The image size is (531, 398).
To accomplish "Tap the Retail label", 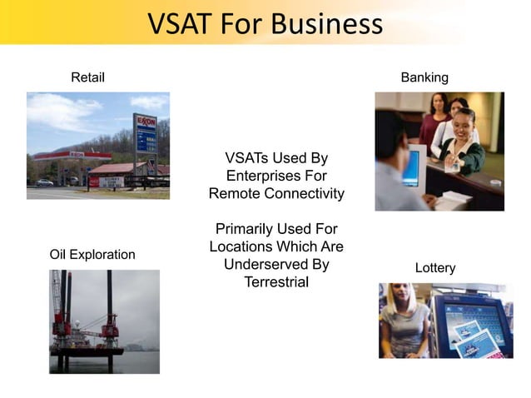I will click(x=87, y=77).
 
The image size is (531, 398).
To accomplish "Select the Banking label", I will click(x=424, y=77).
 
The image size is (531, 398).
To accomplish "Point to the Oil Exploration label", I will click(x=92, y=254).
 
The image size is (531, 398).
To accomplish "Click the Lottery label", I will click(x=435, y=267).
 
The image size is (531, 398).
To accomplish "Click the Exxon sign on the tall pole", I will click(x=146, y=122).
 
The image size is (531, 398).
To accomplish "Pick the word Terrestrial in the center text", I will click(x=276, y=282).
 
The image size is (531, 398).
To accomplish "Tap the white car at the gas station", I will click(x=45, y=182).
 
